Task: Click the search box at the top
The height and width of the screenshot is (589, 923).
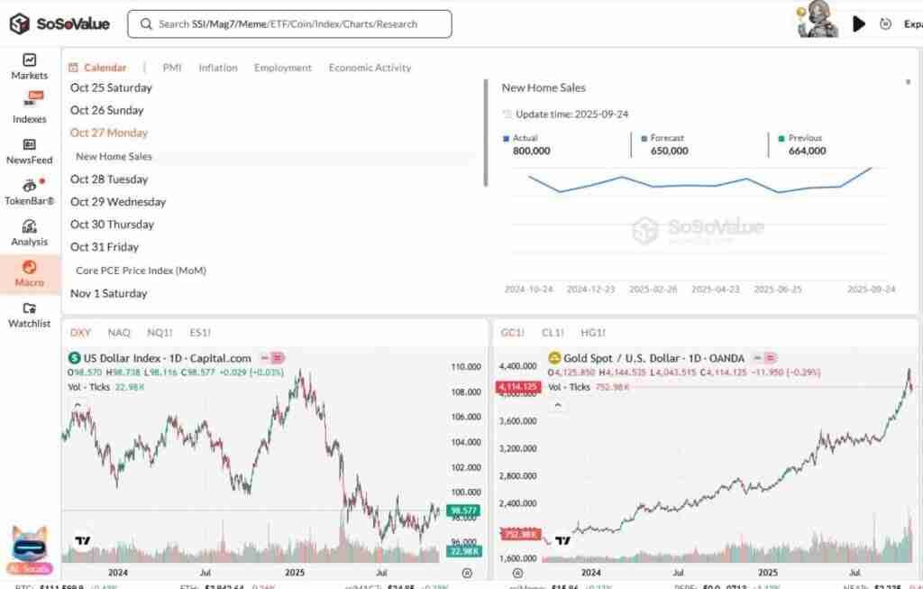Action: pos(288,24)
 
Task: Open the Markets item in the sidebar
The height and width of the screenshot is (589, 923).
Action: pos(29,67)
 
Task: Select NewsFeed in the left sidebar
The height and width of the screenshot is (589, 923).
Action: pos(29,151)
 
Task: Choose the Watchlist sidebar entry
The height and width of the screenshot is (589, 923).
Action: pos(29,315)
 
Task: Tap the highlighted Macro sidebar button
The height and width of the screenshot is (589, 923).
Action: pos(29,273)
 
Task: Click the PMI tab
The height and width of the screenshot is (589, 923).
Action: pos(172,68)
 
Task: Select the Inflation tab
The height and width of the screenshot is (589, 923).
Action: pos(218,68)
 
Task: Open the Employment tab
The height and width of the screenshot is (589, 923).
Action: pos(282,68)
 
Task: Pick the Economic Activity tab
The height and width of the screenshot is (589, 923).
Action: pos(370,68)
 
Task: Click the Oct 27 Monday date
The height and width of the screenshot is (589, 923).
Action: pos(109,133)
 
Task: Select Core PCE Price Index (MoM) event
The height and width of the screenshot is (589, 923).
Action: pos(140,271)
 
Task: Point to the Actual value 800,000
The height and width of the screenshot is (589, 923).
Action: pos(532,151)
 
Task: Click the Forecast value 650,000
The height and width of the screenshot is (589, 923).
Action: pos(669,151)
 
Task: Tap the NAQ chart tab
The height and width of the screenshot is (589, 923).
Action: pos(119,333)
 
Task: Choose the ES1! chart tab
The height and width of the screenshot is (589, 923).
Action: pos(200,333)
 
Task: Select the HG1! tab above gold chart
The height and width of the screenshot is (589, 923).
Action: pos(593,333)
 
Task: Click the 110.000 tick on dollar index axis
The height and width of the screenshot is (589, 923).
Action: pos(465,367)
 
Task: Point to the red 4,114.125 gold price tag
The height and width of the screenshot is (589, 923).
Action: pos(516,387)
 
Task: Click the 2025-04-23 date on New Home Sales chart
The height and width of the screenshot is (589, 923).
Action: pos(715,290)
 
